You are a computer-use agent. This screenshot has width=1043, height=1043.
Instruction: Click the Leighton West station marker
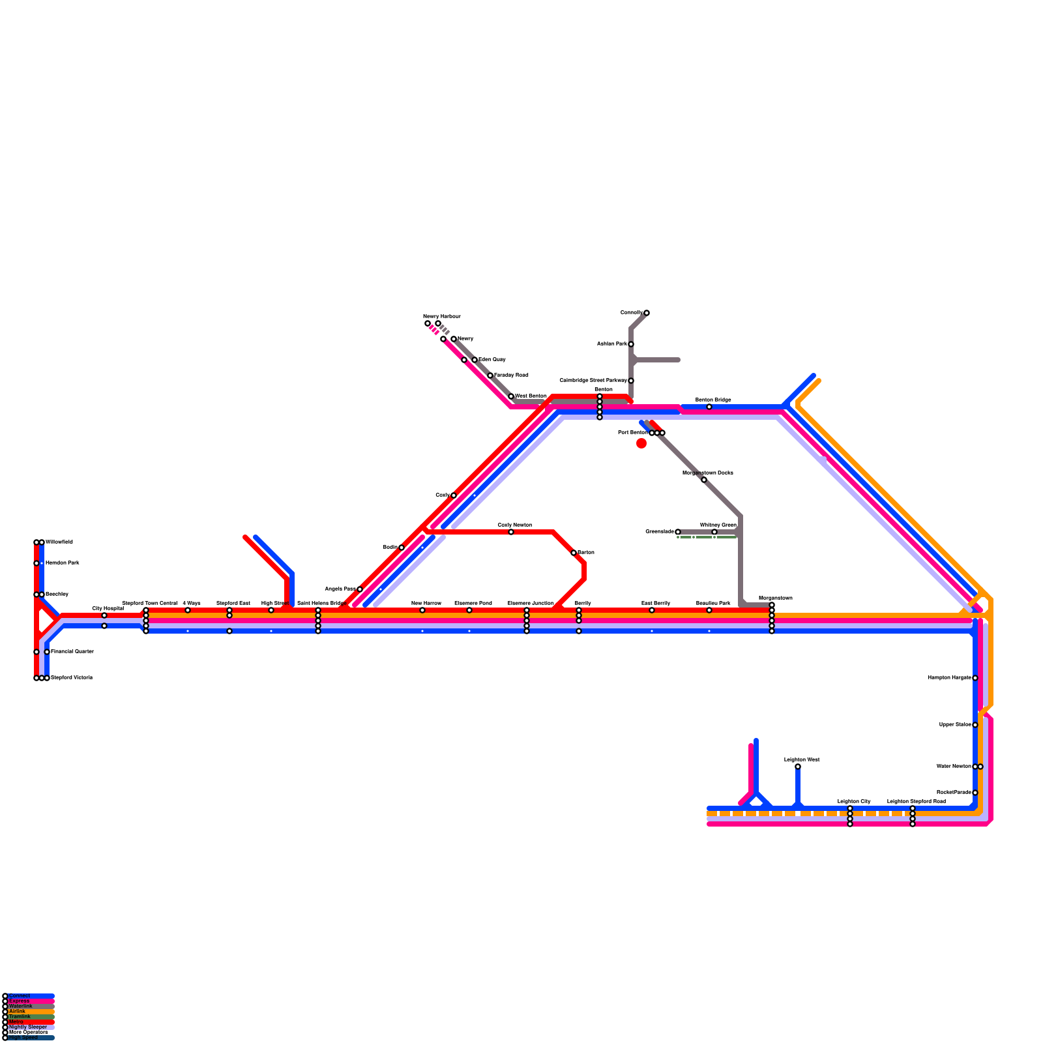[798, 767]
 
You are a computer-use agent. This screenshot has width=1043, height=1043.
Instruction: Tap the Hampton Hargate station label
[949, 678]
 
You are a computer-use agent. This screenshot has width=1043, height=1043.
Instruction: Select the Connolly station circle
[647, 313]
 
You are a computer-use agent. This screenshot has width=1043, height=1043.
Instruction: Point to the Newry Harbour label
[442, 316]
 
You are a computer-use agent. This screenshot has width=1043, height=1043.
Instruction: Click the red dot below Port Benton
[641, 443]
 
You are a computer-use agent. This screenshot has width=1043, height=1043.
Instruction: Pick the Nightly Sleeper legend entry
[28, 1027]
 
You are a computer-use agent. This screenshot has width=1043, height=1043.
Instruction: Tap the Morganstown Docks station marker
[704, 480]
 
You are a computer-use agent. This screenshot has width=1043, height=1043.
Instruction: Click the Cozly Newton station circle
[511, 532]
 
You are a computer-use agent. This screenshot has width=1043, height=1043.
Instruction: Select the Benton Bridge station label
[713, 400]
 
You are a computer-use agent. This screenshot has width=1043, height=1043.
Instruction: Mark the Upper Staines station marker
[975, 725]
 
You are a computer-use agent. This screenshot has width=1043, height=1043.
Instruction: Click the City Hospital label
[108, 608]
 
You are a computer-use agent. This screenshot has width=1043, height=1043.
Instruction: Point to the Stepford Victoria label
[72, 678]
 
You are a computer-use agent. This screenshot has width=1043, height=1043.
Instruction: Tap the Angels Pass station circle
[360, 589]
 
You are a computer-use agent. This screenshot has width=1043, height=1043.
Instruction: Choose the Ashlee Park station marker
[631, 344]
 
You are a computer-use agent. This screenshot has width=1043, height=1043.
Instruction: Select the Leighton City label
[854, 801]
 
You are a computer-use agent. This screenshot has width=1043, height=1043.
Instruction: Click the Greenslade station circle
[678, 532]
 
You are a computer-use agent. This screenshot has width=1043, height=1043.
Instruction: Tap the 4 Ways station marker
[188, 610]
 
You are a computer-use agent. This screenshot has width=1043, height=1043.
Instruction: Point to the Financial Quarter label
[72, 652]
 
